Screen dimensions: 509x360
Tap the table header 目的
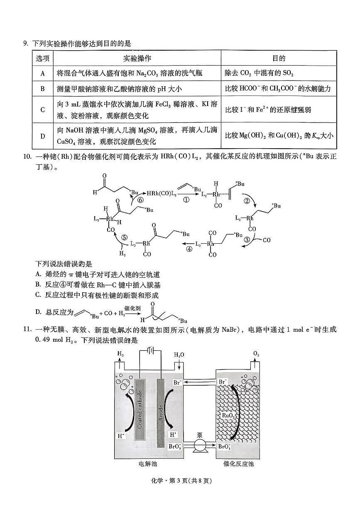279,58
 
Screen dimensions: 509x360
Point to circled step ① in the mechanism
186,200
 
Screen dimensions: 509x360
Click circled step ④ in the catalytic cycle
189,249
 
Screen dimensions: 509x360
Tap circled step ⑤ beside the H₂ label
124,238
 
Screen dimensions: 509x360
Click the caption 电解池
148,463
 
